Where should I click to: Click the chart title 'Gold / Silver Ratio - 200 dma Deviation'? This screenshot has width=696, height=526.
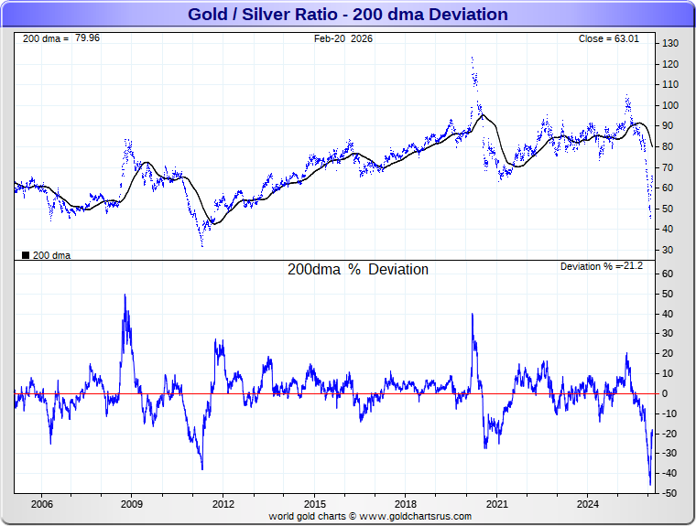tap(347, 15)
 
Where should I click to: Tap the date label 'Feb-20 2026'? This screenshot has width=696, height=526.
tap(343, 39)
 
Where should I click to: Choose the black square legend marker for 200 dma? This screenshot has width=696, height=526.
tap(25, 255)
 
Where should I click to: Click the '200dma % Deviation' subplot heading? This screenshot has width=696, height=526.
tap(358, 270)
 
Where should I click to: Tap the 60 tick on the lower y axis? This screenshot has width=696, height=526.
tap(669, 274)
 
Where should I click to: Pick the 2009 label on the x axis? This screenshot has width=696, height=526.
tap(132, 504)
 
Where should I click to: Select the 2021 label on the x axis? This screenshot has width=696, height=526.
tap(497, 504)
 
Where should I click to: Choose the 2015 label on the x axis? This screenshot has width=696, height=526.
tap(314, 504)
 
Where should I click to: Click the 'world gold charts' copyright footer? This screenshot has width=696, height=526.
tap(370, 516)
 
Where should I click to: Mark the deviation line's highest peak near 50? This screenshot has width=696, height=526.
tap(125, 295)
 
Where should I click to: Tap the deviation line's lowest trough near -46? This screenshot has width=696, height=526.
tap(650, 485)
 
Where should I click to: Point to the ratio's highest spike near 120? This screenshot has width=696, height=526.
tap(473, 59)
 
